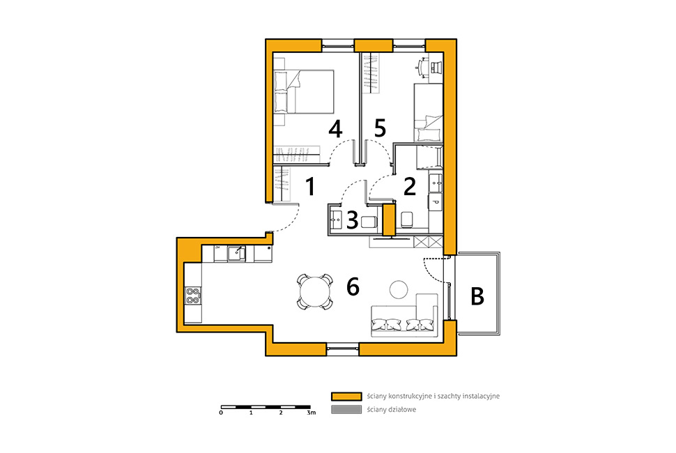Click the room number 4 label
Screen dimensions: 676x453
click(x=335, y=129)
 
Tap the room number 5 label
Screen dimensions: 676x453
click(x=380, y=128)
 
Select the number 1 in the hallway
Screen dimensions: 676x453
click(x=310, y=186)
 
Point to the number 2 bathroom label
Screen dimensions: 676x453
click(x=410, y=186)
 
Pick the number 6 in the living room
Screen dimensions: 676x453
click(x=353, y=286)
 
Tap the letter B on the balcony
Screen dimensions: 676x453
click(x=477, y=296)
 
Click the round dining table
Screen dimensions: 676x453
click(x=315, y=292)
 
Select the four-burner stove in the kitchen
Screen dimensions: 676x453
click(x=193, y=295)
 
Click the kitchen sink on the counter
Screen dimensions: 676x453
click(x=237, y=254)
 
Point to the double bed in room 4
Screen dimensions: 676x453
click(x=304, y=92)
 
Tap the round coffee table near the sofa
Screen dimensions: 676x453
click(x=399, y=289)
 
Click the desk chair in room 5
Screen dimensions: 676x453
click(x=436, y=66)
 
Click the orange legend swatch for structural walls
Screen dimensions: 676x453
click(x=346, y=396)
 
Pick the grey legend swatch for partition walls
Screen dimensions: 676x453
click(x=346, y=410)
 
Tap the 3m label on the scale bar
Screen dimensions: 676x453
click(x=312, y=413)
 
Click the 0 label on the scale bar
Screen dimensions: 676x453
click(x=221, y=413)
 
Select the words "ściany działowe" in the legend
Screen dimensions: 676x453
click(x=392, y=410)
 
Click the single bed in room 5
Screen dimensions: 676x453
click(x=428, y=112)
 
